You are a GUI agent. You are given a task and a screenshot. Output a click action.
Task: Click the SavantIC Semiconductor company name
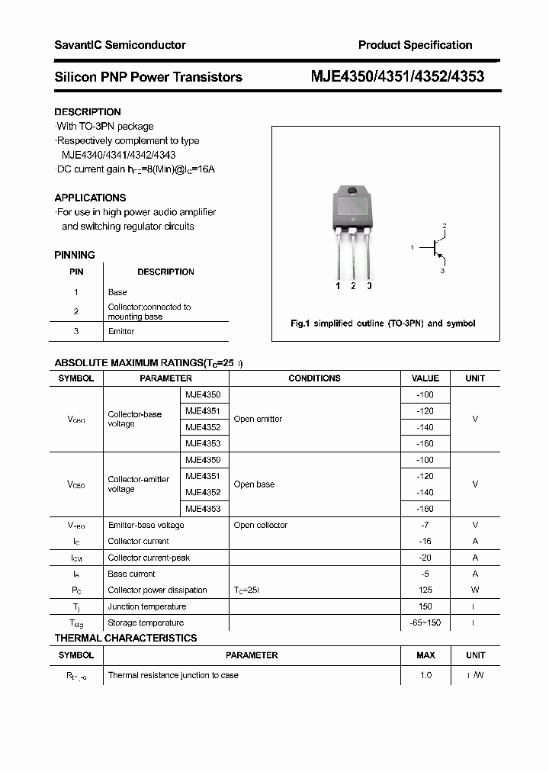point(120,45)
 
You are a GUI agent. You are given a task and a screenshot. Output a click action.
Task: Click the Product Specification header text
point(415,45)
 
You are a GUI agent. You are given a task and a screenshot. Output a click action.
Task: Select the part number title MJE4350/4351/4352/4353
point(397,77)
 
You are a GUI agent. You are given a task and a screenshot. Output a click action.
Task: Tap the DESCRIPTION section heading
point(88,112)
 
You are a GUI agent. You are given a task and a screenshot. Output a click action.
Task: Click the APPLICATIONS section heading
point(90,198)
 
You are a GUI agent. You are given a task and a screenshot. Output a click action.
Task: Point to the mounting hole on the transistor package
point(352,191)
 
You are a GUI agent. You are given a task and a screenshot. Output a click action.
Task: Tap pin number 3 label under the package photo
point(369,286)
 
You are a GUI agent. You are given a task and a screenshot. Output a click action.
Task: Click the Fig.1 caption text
point(383,323)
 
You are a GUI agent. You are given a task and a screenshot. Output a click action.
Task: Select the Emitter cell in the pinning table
point(121,331)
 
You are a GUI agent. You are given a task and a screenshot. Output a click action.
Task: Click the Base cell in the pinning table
point(117,292)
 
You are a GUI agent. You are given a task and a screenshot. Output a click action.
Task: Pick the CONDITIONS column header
point(314,378)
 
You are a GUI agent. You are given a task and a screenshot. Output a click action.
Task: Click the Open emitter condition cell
point(258,419)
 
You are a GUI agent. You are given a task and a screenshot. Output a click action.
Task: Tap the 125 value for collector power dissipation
point(425,590)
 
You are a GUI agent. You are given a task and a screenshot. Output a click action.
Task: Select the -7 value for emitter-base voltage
point(425,525)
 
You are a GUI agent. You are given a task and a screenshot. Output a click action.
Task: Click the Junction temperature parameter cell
point(146,606)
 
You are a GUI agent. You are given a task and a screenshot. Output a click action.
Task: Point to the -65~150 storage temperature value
point(425,622)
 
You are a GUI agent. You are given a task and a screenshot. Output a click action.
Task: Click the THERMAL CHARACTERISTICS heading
point(126,638)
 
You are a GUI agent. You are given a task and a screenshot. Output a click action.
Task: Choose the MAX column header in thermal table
point(425,655)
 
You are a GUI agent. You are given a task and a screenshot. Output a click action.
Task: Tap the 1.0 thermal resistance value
point(425,675)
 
